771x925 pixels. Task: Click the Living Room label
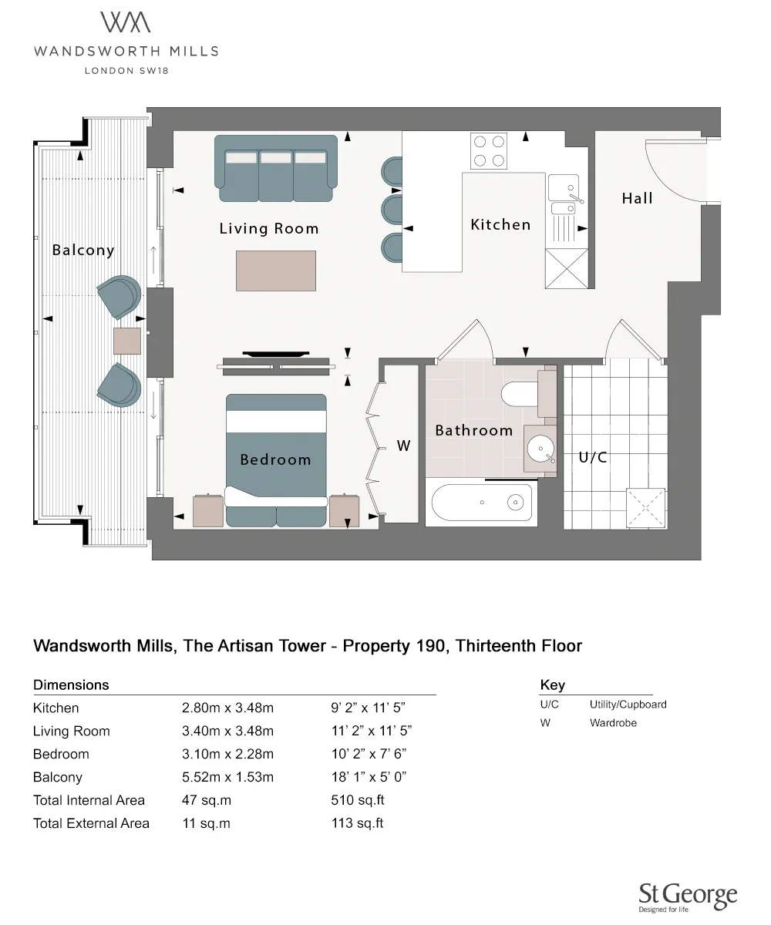[x=268, y=229]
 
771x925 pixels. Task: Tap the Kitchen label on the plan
[x=500, y=224]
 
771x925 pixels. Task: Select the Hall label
[x=637, y=198]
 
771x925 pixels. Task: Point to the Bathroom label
[x=473, y=430]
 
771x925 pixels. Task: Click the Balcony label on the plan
[x=82, y=250]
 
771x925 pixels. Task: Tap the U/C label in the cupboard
[x=592, y=457]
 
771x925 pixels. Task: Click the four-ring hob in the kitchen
[x=489, y=151]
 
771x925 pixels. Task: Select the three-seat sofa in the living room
[x=276, y=169]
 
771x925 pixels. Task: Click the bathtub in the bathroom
[x=483, y=503]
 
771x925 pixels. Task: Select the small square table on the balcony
[x=126, y=340]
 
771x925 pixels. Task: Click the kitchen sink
[x=563, y=187]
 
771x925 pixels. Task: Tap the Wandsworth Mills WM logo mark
[x=126, y=23]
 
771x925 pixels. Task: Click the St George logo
[x=688, y=896]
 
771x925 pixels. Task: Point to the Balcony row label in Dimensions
[x=57, y=777]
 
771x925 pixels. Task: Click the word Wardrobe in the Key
[x=613, y=723]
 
